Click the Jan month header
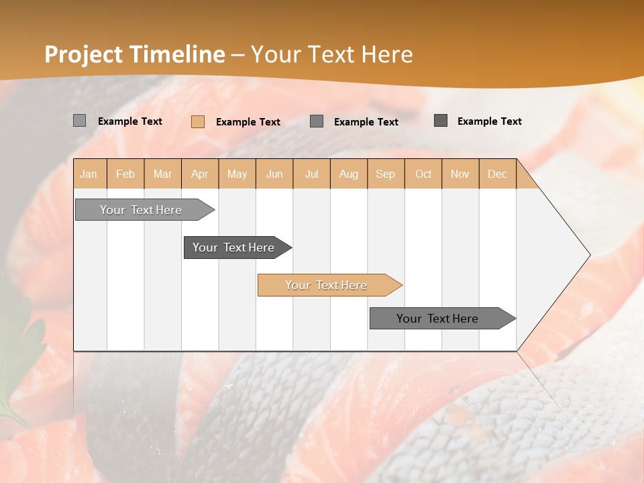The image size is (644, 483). pos(89,174)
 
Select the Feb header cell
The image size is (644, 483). pos(125,174)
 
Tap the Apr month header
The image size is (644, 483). pos(200,174)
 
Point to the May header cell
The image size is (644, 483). pos(237,174)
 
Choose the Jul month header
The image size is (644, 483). pos(312,174)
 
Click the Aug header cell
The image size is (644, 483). pos(349,174)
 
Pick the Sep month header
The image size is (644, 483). pos(386,174)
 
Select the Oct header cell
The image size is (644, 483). pos(423,174)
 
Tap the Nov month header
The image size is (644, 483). pos(460,174)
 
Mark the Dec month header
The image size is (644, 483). pos(498,174)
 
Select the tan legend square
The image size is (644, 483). pos(198,121)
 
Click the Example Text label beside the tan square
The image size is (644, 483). pos(248,122)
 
